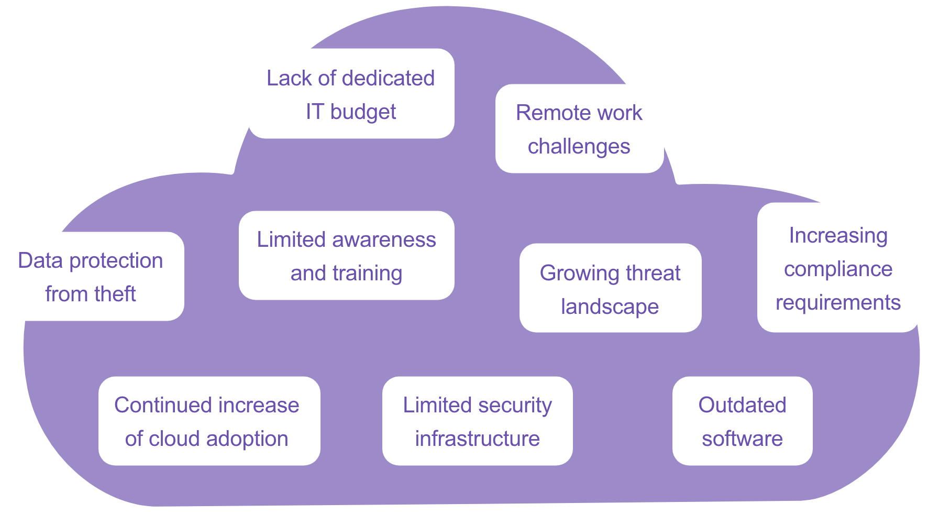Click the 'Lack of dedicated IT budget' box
pos(351,94)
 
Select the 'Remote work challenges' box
pos(579,129)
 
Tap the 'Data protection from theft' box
pos(92,276)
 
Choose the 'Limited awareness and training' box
pos(346,256)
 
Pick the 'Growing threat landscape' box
pos(610,288)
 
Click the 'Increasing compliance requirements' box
pos(838,268)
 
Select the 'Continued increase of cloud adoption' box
pos(209,421)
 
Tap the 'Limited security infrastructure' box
pos(477,421)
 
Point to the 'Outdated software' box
pos(742,421)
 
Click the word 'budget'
pos(363,112)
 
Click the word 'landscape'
pos(610,307)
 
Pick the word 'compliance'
pos(838,270)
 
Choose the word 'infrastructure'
pos(477,439)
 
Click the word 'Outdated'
pos(742,405)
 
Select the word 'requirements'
pos(838,303)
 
